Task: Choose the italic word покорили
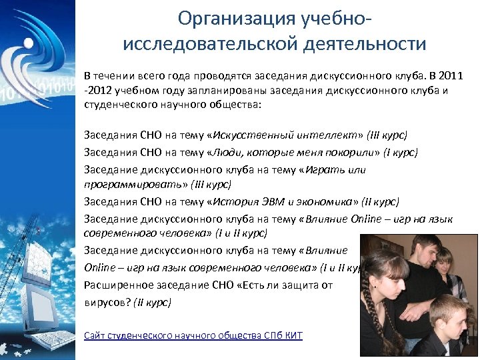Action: coord(360,153)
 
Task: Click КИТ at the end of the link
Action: coord(293,335)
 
